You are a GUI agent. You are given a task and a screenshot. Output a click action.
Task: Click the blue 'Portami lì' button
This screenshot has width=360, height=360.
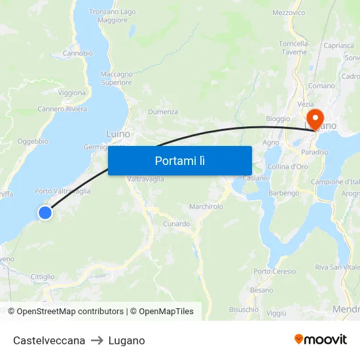pyautogui.click(x=179, y=160)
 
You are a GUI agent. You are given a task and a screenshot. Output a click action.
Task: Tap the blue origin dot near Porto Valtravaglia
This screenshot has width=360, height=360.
pyautogui.click(x=45, y=212)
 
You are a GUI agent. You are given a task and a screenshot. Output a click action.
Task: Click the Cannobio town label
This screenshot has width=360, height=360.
pyautogui.click(x=77, y=53)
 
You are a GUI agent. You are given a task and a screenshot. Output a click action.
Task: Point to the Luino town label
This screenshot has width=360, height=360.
pyautogui.click(x=118, y=134)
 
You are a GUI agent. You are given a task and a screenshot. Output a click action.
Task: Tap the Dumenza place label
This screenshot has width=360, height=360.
pyautogui.click(x=163, y=112)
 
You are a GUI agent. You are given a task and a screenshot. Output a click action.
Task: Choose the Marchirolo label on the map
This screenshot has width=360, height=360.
pyautogui.click(x=206, y=206)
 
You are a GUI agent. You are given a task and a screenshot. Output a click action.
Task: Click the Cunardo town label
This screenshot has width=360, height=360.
pyautogui.click(x=177, y=224)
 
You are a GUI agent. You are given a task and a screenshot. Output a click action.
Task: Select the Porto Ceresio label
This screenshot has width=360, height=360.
pyautogui.click(x=275, y=271)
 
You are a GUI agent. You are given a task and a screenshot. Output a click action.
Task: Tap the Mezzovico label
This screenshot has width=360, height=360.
pyautogui.click(x=289, y=12)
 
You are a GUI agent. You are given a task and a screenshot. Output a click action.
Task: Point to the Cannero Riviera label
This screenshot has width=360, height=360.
pyautogui.click(x=62, y=109)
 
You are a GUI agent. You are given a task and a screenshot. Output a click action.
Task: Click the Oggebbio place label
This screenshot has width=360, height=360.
pyautogui.click(x=33, y=141)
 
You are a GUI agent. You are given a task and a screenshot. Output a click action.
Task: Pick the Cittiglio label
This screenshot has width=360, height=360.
pyautogui.click(x=43, y=277)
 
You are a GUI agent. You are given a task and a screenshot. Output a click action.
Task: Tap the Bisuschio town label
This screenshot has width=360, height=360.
pyautogui.click(x=244, y=309)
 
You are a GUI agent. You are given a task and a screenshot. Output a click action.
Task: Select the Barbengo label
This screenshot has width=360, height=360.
pyautogui.click(x=284, y=193)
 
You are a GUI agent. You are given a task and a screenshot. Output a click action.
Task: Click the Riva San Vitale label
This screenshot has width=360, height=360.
pyautogui.click(x=336, y=267)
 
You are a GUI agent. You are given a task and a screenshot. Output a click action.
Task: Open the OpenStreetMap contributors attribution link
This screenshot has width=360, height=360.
pyautogui.click(x=70, y=312)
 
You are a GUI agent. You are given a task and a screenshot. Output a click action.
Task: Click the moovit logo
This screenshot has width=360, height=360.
pyautogui.click(x=321, y=340)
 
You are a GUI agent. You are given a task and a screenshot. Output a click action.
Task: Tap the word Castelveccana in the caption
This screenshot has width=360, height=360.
pyautogui.click(x=49, y=340)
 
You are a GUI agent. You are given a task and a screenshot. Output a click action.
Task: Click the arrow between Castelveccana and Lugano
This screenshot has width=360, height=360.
pyautogui.click(x=97, y=340)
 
